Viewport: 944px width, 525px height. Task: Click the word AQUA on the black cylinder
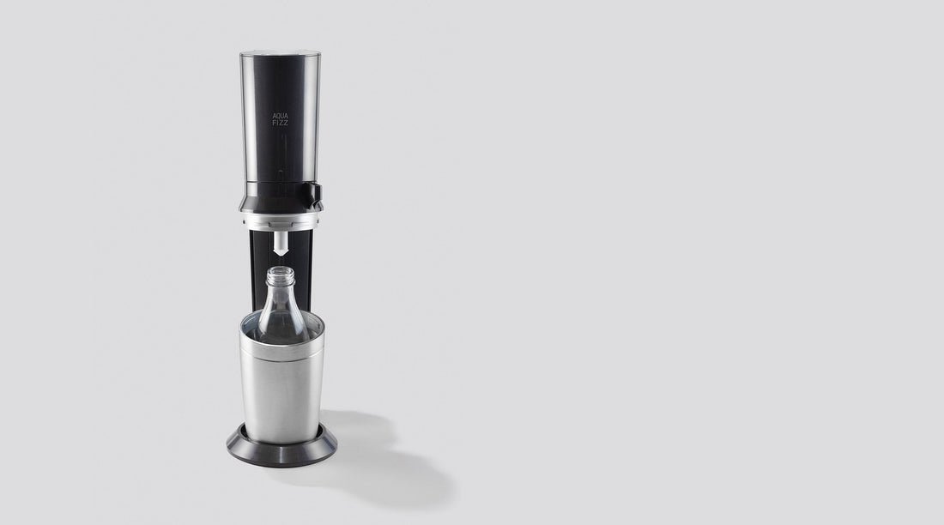[x=281, y=116]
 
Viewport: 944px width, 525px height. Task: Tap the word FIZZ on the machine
[x=280, y=123]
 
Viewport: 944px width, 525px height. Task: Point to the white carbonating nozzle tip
[x=281, y=244]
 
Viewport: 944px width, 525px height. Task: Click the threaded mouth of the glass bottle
[x=281, y=275]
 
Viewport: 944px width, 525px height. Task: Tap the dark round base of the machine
[x=281, y=449]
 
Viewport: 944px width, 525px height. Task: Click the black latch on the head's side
[x=315, y=193]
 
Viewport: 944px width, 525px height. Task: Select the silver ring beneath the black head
[x=281, y=220]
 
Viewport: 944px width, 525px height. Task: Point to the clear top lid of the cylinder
[x=280, y=53]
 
